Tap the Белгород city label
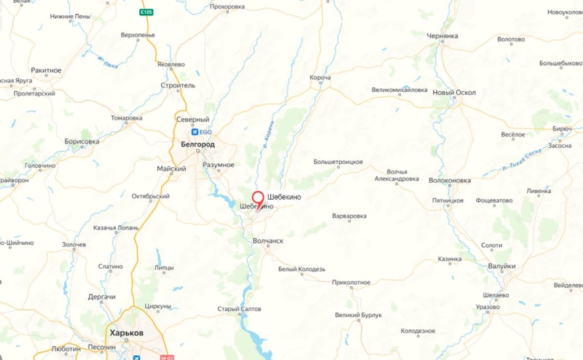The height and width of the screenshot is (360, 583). point(197,145)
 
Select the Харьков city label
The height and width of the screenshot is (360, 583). point(126,332)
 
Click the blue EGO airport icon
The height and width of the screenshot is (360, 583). point(195,132)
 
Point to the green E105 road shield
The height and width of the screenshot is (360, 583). point(146,12)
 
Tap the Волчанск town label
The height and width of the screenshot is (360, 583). point(267,240)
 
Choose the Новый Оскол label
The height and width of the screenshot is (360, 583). point(454,93)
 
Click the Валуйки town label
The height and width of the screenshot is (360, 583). point(502,266)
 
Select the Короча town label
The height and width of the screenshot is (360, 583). point(320,77)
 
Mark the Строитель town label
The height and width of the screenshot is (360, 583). point(178,85)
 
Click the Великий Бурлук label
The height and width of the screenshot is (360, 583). point(359,315)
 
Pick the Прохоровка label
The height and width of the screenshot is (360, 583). point(227,7)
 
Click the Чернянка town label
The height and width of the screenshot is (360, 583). point(443,36)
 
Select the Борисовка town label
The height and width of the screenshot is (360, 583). point(82,141)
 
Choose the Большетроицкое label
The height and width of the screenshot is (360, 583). point(338,161)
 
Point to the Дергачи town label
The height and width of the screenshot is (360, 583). point(102,297)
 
